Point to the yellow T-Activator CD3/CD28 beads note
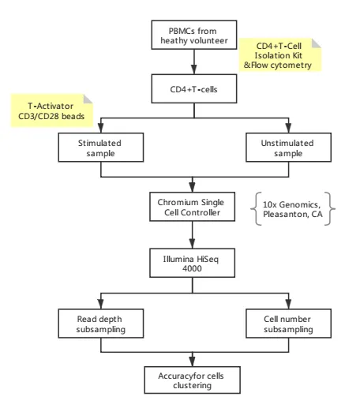click(51, 110)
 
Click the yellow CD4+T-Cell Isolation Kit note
click(280, 55)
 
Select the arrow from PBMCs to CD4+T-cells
click(194, 62)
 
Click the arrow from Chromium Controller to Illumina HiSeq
click(192, 235)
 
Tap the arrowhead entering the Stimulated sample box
click(101, 129)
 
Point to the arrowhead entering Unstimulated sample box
click(288, 129)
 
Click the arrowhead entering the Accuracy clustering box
click(192, 362)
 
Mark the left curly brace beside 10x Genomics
click(256, 209)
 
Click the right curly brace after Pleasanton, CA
click(330, 209)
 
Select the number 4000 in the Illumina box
click(192, 268)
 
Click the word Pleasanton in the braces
click(286, 214)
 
